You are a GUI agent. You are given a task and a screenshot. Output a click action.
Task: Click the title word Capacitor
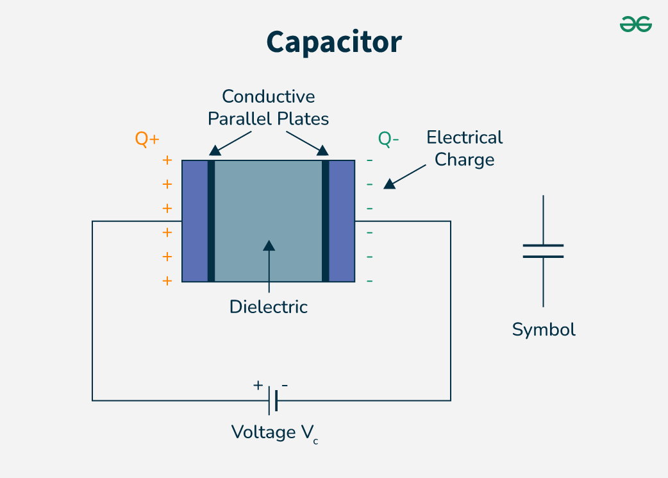(334, 42)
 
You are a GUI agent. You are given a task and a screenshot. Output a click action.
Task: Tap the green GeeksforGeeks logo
(635, 24)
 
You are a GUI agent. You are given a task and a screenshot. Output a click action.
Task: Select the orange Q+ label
(147, 139)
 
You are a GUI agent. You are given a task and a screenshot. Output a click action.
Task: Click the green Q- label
(388, 139)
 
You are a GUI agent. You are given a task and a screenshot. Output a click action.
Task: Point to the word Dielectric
(269, 307)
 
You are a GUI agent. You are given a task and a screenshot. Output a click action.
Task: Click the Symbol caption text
(544, 330)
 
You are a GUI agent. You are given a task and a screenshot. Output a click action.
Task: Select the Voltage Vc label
(274, 433)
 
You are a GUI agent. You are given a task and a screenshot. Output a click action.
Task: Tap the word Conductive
(269, 97)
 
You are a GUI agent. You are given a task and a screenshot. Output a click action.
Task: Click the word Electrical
(465, 138)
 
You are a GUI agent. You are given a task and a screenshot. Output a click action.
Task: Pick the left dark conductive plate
(212, 221)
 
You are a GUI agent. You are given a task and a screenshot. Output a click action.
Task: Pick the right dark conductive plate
(326, 221)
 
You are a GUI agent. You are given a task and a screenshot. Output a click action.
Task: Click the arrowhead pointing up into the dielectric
(269, 245)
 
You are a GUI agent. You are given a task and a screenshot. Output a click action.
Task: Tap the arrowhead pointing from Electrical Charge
(389, 184)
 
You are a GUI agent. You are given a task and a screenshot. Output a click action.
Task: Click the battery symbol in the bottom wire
(272, 400)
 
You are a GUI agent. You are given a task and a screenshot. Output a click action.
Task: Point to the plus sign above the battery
(258, 386)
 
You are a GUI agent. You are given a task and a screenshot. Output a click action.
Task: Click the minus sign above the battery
(285, 386)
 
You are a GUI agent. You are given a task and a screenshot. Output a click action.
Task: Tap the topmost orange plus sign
(167, 160)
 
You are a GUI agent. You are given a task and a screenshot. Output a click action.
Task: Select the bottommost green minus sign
(369, 281)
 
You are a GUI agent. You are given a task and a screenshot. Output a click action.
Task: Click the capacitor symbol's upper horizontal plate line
(543, 246)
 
